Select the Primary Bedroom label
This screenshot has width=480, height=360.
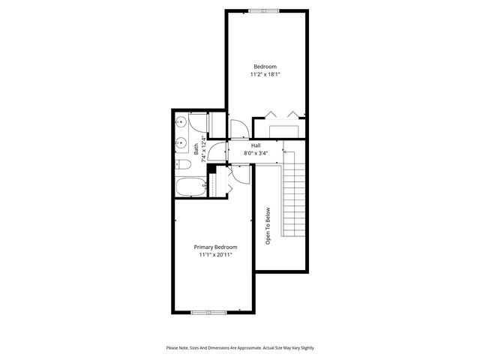coord(215,247)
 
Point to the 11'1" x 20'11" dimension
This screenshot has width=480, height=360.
coord(215,256)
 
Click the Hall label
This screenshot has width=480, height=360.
coord(256,145)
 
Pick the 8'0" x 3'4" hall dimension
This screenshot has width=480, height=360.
coord(256,154)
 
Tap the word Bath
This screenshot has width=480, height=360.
coord(196,150)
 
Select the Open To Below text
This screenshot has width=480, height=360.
coord(267,226)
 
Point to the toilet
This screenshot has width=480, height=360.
coord(182,164)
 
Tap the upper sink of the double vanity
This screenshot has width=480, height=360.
coord(181,123)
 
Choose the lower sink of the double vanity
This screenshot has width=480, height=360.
coord(181,142)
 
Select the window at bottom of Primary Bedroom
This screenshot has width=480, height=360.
coord(208,311)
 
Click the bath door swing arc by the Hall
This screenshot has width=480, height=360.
coord(217,151)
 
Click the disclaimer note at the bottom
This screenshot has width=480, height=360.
coord(240,347)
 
